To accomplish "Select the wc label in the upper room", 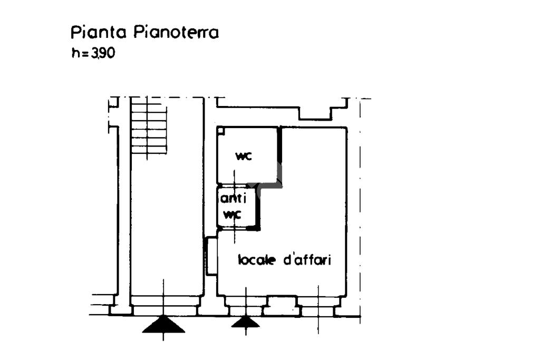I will pos(243,156).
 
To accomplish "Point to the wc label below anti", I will pos(233,215).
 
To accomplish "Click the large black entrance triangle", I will pos(163,325).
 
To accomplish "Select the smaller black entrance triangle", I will pos(246,322).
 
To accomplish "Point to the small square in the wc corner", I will pos(220,130).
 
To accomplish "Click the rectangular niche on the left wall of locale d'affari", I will pos(211,256).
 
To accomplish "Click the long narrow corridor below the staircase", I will pos(167,221).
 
